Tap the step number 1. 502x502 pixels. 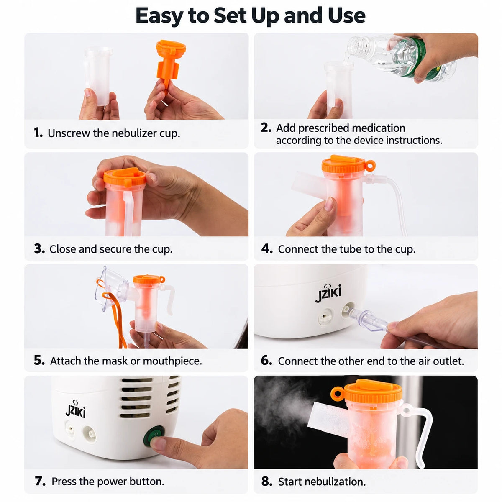[38, 133]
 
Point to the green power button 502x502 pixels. [154, 435]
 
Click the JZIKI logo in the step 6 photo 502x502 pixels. [328, 293]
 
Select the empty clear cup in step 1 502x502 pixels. [98, 75]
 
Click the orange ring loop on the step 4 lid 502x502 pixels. [370, 166]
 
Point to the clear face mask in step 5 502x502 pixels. [112, 288]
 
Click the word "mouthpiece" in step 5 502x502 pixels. [172, 361]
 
